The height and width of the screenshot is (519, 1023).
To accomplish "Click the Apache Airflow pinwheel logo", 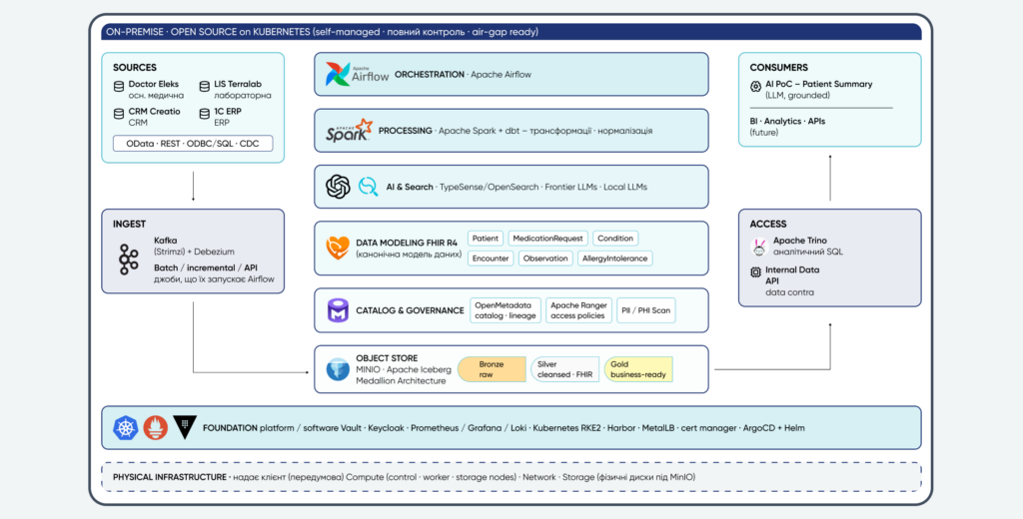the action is coord(339,74).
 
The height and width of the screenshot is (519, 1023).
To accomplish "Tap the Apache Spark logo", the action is coord(349,131).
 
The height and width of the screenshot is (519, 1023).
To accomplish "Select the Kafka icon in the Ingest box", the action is coord(129,259).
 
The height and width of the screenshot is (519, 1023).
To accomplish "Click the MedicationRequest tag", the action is coord(548,239).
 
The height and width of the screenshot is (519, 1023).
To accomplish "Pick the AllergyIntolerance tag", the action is coord(615,259).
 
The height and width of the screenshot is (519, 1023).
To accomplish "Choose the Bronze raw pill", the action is coord(492,369).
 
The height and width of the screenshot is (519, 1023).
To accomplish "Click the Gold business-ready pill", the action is coord(638,369).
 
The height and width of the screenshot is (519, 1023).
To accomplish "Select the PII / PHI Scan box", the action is coord(646,310).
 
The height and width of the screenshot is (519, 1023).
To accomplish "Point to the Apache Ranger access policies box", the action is coord(578,310).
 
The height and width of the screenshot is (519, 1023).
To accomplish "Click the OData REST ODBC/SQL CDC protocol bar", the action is coord(193,144).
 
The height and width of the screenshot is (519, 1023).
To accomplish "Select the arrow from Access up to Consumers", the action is coord(830,178).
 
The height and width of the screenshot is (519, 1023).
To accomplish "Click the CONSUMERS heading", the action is coord(779,67).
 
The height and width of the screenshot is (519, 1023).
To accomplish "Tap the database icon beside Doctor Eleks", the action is coord(119,86).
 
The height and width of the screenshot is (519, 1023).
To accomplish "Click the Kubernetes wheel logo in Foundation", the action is coord(126,428).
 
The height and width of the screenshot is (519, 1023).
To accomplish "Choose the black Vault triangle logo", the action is coord(185,427).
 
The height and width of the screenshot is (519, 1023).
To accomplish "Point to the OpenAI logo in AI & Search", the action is coord(338,187).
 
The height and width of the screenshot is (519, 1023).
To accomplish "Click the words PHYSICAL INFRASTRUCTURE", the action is coord(169,477).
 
